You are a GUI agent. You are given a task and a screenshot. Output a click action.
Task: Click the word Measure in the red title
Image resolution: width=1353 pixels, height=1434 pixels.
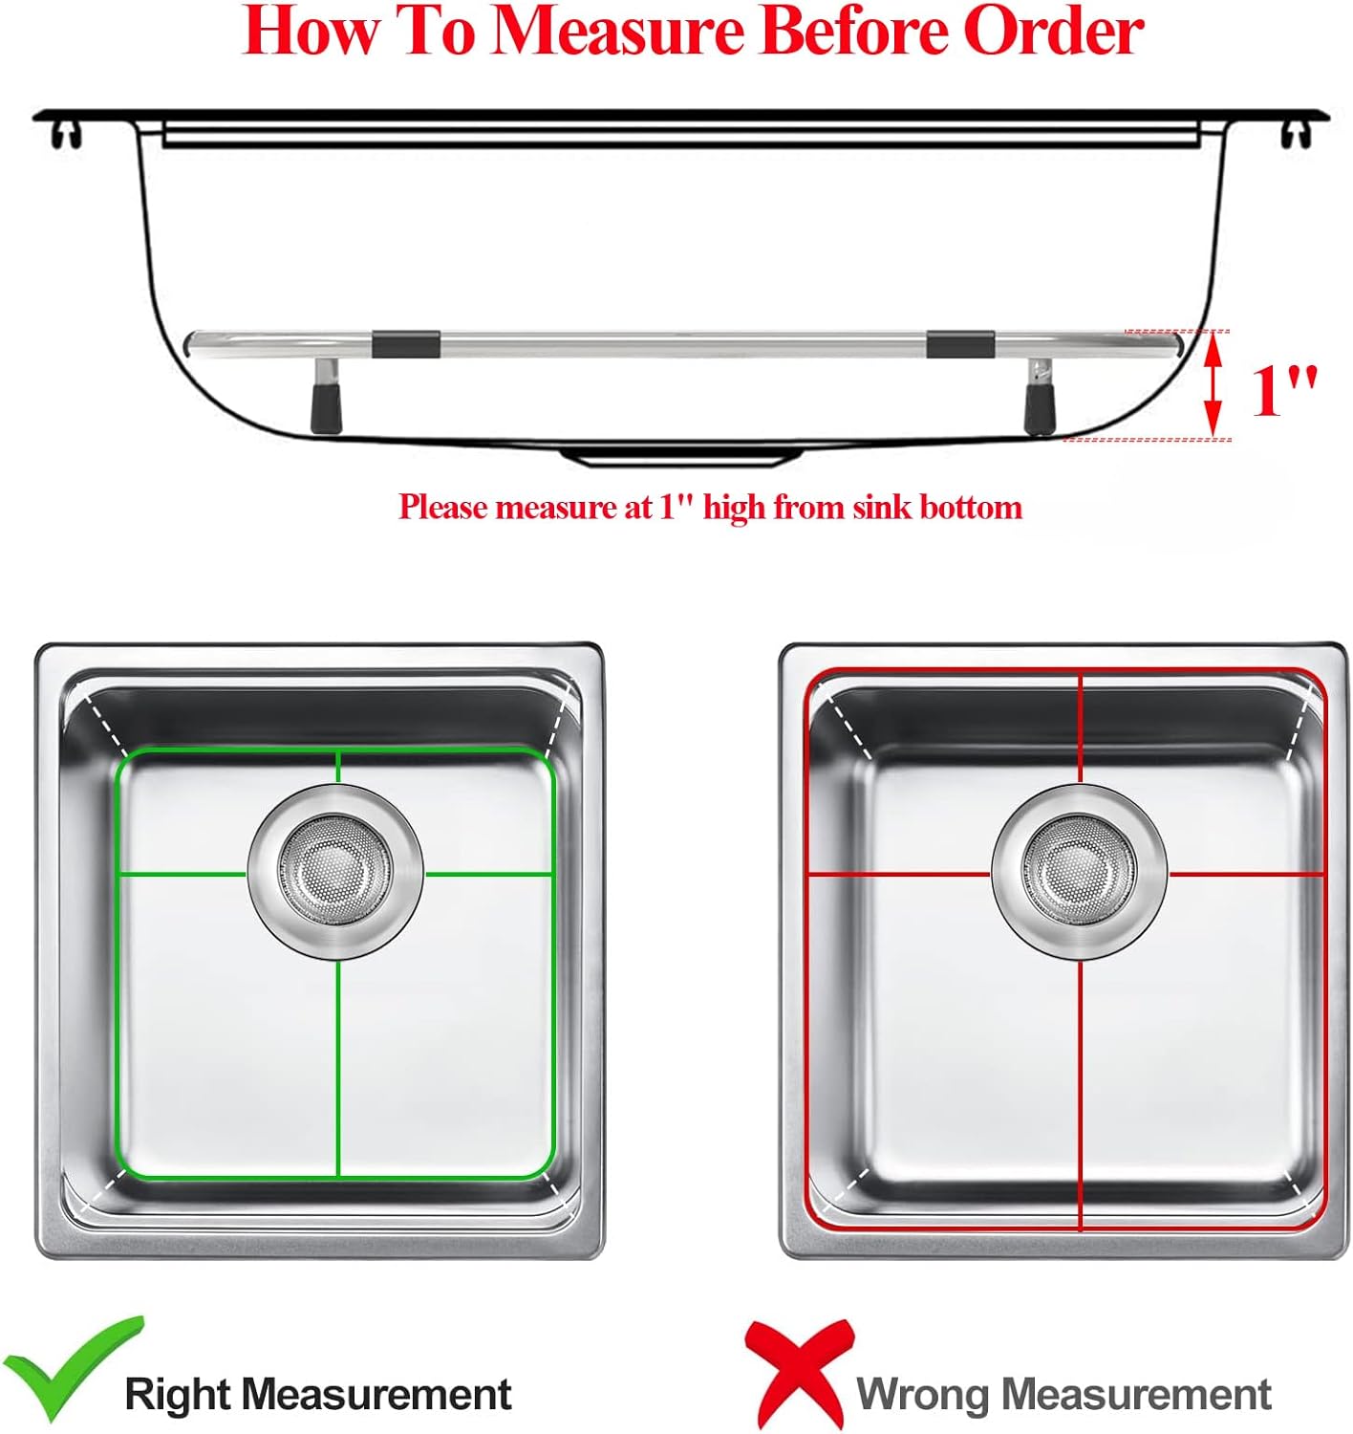pyautogui.click(x=616, y=32)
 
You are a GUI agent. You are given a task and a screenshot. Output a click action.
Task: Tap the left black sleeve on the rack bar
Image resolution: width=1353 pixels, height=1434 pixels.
pyautogui.click(x=406, y=342)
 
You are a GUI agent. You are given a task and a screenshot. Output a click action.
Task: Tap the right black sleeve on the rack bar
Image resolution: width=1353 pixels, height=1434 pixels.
pyautogui.click(x=959, y=342)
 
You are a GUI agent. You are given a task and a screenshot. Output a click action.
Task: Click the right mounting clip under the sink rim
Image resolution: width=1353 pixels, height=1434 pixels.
pyautogui.click(x=1295, y=135)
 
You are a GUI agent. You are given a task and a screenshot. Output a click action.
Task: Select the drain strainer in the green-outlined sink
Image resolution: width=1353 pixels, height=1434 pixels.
pyautogui.click(x=335, y=871)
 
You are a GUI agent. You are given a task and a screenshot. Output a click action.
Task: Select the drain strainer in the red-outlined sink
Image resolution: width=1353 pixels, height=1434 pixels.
pyautogui.click(x=1079, y=871)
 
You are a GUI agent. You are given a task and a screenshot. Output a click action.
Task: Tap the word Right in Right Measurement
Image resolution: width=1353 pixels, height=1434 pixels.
pyautogui.click(x=179, y=1393)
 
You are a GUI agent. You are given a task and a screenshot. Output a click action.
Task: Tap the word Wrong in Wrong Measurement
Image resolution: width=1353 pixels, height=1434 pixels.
pyautogui.click(x=921, y=1393)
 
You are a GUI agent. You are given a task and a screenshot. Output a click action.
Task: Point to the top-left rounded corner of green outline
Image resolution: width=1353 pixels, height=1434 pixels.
pyautogui.click(x=124, y=759)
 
